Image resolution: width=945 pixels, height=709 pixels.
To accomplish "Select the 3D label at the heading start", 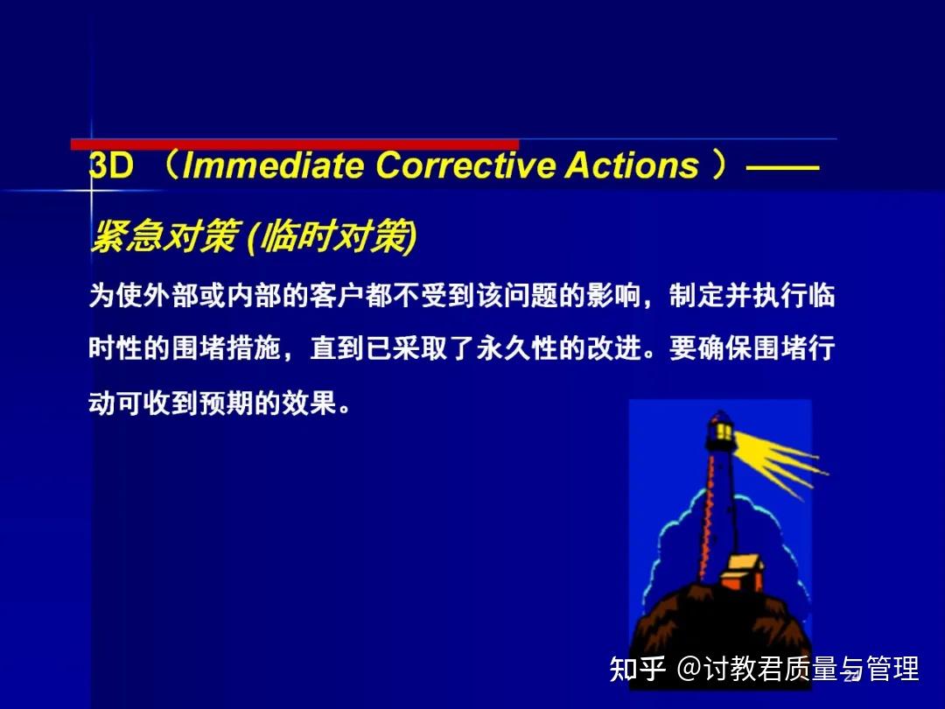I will [111, 166].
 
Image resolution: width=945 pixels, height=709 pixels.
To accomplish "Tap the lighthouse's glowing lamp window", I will [724, 431].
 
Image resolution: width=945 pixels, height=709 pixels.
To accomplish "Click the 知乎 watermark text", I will [638, 670].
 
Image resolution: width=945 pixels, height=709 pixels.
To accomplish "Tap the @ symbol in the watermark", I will [689, 670].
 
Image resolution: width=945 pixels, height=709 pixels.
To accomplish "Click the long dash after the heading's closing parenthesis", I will [783, 166].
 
